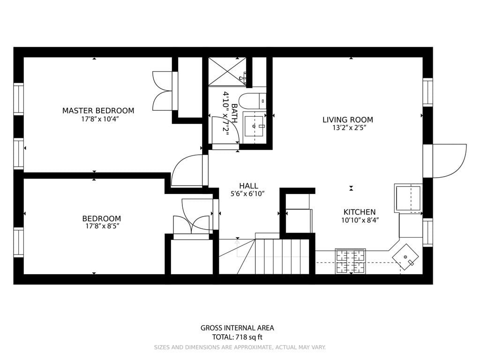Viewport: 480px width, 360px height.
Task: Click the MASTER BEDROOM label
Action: (x=98, y=111)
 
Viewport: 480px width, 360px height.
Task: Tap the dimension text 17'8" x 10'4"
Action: (x=98, y=119)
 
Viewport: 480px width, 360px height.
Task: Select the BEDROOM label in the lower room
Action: (x=101, y=218)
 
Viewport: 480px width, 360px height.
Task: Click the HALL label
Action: (x=248, y=186)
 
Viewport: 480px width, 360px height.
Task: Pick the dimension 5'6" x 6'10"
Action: (x=248, y=194)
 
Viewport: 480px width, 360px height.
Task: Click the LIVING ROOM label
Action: (x=348, y=120)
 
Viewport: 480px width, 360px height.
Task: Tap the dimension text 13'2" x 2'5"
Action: (x=348, y=127)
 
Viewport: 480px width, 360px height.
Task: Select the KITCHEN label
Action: (x=360, y=212)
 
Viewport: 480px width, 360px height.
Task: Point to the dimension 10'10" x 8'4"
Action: (x=360, y=220)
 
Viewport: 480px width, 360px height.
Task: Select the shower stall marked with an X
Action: (x=227, y=72)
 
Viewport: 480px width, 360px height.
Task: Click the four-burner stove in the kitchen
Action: (x=350, y=261)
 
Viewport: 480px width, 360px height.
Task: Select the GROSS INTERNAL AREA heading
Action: (x=237, y=328)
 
